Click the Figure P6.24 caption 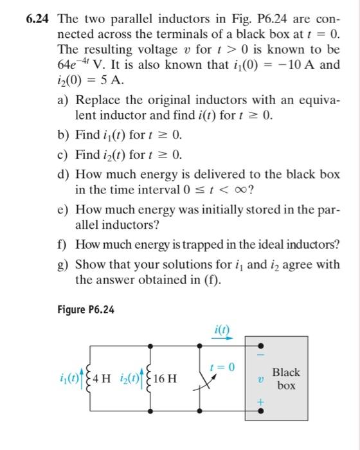(85, 309)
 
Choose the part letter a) (65, 100)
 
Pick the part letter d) (65, 174)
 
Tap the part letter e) (65, 210)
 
